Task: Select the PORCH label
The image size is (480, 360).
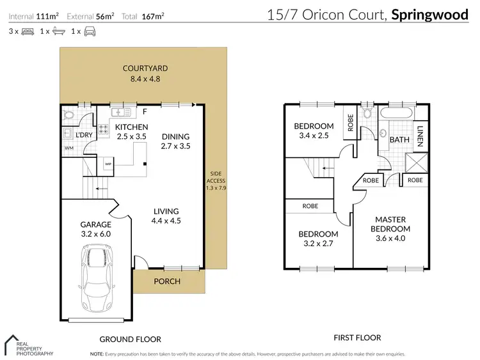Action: [x=168, y=281]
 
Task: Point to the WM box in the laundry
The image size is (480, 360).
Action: [x=69, y=148]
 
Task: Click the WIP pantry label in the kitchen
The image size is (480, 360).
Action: [x=108, y=164]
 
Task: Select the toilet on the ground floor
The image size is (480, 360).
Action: [x=69, y=116]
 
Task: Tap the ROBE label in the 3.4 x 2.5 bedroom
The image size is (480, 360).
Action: [x=350, y=122]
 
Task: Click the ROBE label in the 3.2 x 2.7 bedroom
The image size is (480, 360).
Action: [x=310, y=206]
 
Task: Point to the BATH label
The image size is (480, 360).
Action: [x=399, y=139]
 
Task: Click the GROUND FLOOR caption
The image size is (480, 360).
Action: [x=131, y=339]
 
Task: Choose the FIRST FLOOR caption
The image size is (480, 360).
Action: [x=358, y=338]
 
